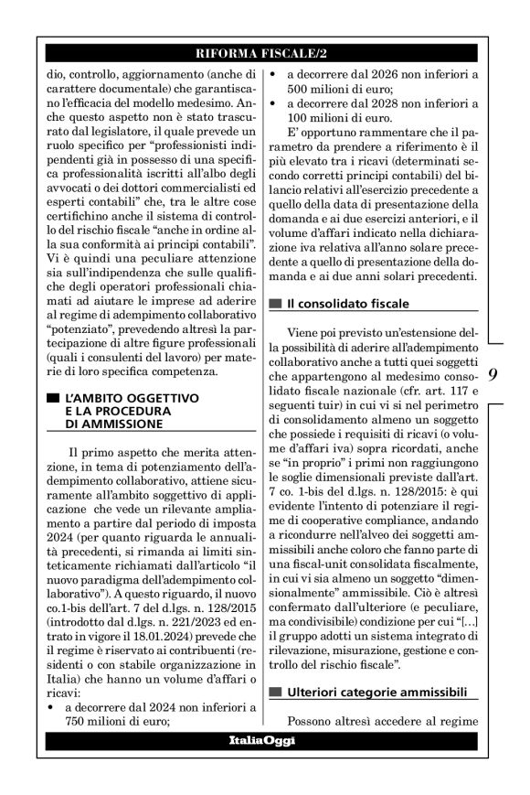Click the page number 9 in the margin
[492, 375]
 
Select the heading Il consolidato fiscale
[347, 303]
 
